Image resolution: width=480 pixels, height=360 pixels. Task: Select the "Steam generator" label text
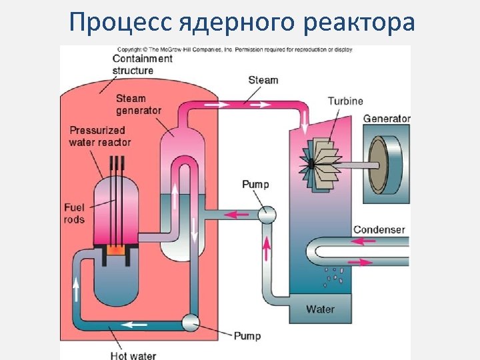coord(139,104)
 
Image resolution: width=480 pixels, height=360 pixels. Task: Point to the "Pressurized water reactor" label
coord(100,136)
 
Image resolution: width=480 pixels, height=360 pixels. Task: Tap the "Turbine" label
coord(345,101)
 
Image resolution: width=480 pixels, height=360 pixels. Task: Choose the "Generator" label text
coord(387,119)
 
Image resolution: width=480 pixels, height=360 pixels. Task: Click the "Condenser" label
coord(379,229)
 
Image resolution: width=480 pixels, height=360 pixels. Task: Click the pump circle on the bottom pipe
coord(191,323)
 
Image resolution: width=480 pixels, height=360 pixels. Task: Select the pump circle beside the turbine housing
coord(267,214)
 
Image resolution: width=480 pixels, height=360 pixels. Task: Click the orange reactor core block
coord(116,251)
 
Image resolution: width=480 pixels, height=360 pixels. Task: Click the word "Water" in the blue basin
coord(320,309)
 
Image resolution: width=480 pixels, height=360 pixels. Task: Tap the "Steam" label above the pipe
coord(263,80)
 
